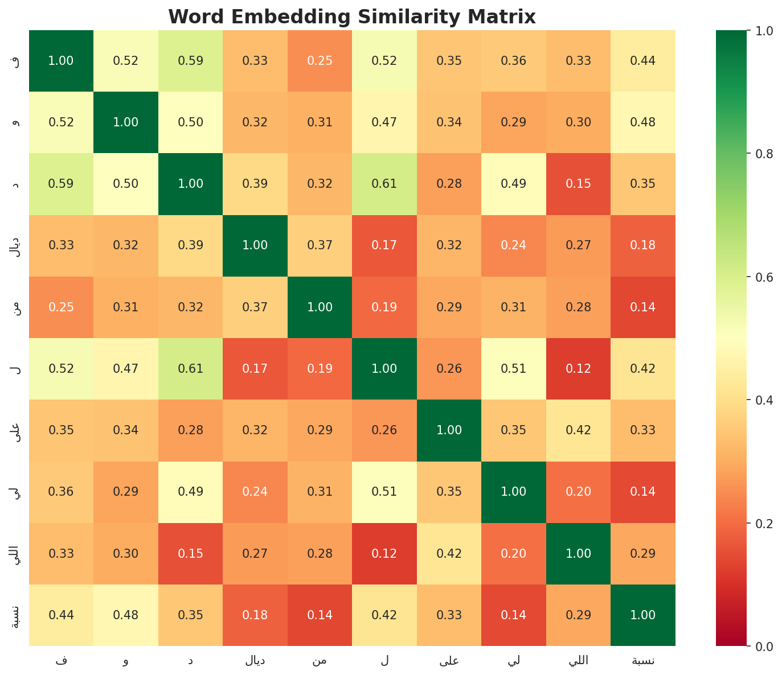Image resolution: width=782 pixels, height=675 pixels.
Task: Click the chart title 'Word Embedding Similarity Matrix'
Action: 352,17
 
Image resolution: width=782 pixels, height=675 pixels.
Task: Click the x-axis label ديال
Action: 255,661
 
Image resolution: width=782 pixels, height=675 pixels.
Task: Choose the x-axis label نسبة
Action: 643,661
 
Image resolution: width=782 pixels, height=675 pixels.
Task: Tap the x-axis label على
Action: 449,661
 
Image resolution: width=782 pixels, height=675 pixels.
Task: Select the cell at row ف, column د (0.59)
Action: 190,61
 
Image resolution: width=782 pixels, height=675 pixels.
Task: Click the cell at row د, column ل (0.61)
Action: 384,184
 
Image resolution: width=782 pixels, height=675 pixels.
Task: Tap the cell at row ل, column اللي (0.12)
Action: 579,369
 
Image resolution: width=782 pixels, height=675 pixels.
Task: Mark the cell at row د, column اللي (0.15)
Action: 579,184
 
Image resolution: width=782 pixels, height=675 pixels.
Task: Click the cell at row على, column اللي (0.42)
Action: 579,430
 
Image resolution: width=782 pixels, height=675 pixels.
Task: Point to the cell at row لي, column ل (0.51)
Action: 384,492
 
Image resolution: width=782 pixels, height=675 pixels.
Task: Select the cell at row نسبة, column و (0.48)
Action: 126,615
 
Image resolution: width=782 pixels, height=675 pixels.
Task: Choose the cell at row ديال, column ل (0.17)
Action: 384,245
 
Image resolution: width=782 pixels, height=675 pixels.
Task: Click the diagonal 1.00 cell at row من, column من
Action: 320,307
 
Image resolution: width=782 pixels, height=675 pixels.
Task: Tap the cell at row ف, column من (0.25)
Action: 320,61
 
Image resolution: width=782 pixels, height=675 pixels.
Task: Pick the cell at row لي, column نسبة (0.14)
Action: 643,492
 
